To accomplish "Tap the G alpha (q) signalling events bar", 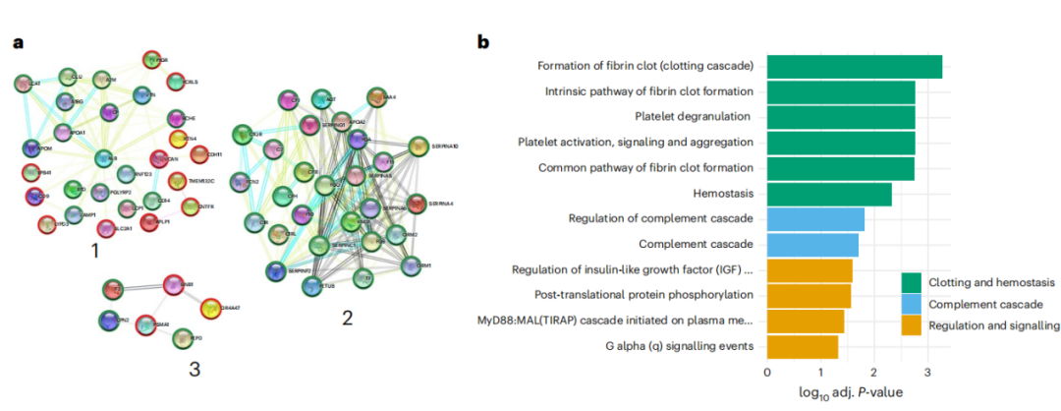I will [802, 346].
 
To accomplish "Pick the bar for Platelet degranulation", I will [840, 117].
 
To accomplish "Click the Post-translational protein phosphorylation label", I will [643, 294].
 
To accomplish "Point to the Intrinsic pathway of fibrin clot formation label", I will [649, 91].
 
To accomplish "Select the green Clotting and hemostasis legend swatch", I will [912, 283].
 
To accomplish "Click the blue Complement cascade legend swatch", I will [912, 304].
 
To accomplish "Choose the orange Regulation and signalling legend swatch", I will [912, 325].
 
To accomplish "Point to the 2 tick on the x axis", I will [874, 374].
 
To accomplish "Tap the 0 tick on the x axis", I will [766, 374].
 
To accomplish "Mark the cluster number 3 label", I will [195, 370].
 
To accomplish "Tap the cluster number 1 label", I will [95, 251].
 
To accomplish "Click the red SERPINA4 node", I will [416, 205].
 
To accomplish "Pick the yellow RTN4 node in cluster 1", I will [179, 140].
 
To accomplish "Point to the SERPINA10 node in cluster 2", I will [417, 147].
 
